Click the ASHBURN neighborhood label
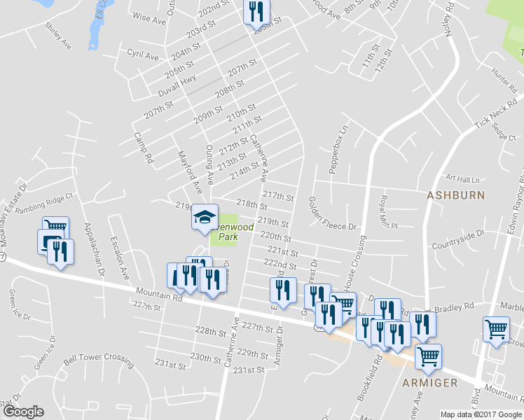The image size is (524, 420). click(455, 195)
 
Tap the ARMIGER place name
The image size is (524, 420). click(430, 382)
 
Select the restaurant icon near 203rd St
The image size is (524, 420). click(256, 11)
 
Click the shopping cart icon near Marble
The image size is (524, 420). click(496, 329)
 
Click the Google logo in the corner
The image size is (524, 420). click(23, 412)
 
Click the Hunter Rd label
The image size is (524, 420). click(503, 78)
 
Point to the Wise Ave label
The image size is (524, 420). click(149, 20)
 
